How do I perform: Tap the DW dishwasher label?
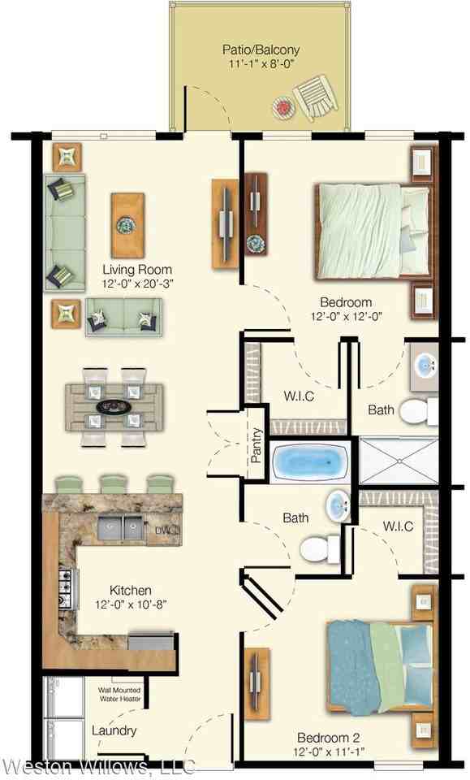coord(166,531)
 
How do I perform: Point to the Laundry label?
coord(114,730)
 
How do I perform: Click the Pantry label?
coord(257,445)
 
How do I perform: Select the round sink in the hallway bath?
coord(338,508)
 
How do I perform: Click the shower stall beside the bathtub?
coord(398,461)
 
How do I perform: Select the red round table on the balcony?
coord(282,106)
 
